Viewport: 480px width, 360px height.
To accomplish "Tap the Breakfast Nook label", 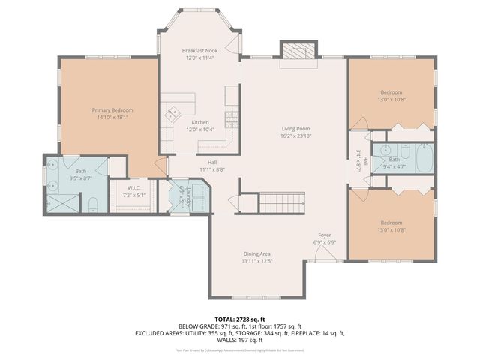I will [199, 50].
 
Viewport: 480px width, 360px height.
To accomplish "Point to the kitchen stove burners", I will [232, 116].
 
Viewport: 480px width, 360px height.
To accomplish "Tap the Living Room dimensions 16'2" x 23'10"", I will [295, 136].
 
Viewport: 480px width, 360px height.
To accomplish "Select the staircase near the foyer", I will [283, 201].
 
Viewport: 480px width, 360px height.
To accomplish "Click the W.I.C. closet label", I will [134, 187].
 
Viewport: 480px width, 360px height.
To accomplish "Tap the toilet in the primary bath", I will [91, 203].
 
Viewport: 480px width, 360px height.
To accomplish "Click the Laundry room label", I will [181, 196].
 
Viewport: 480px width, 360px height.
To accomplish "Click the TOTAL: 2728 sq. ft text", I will [239, 319].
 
